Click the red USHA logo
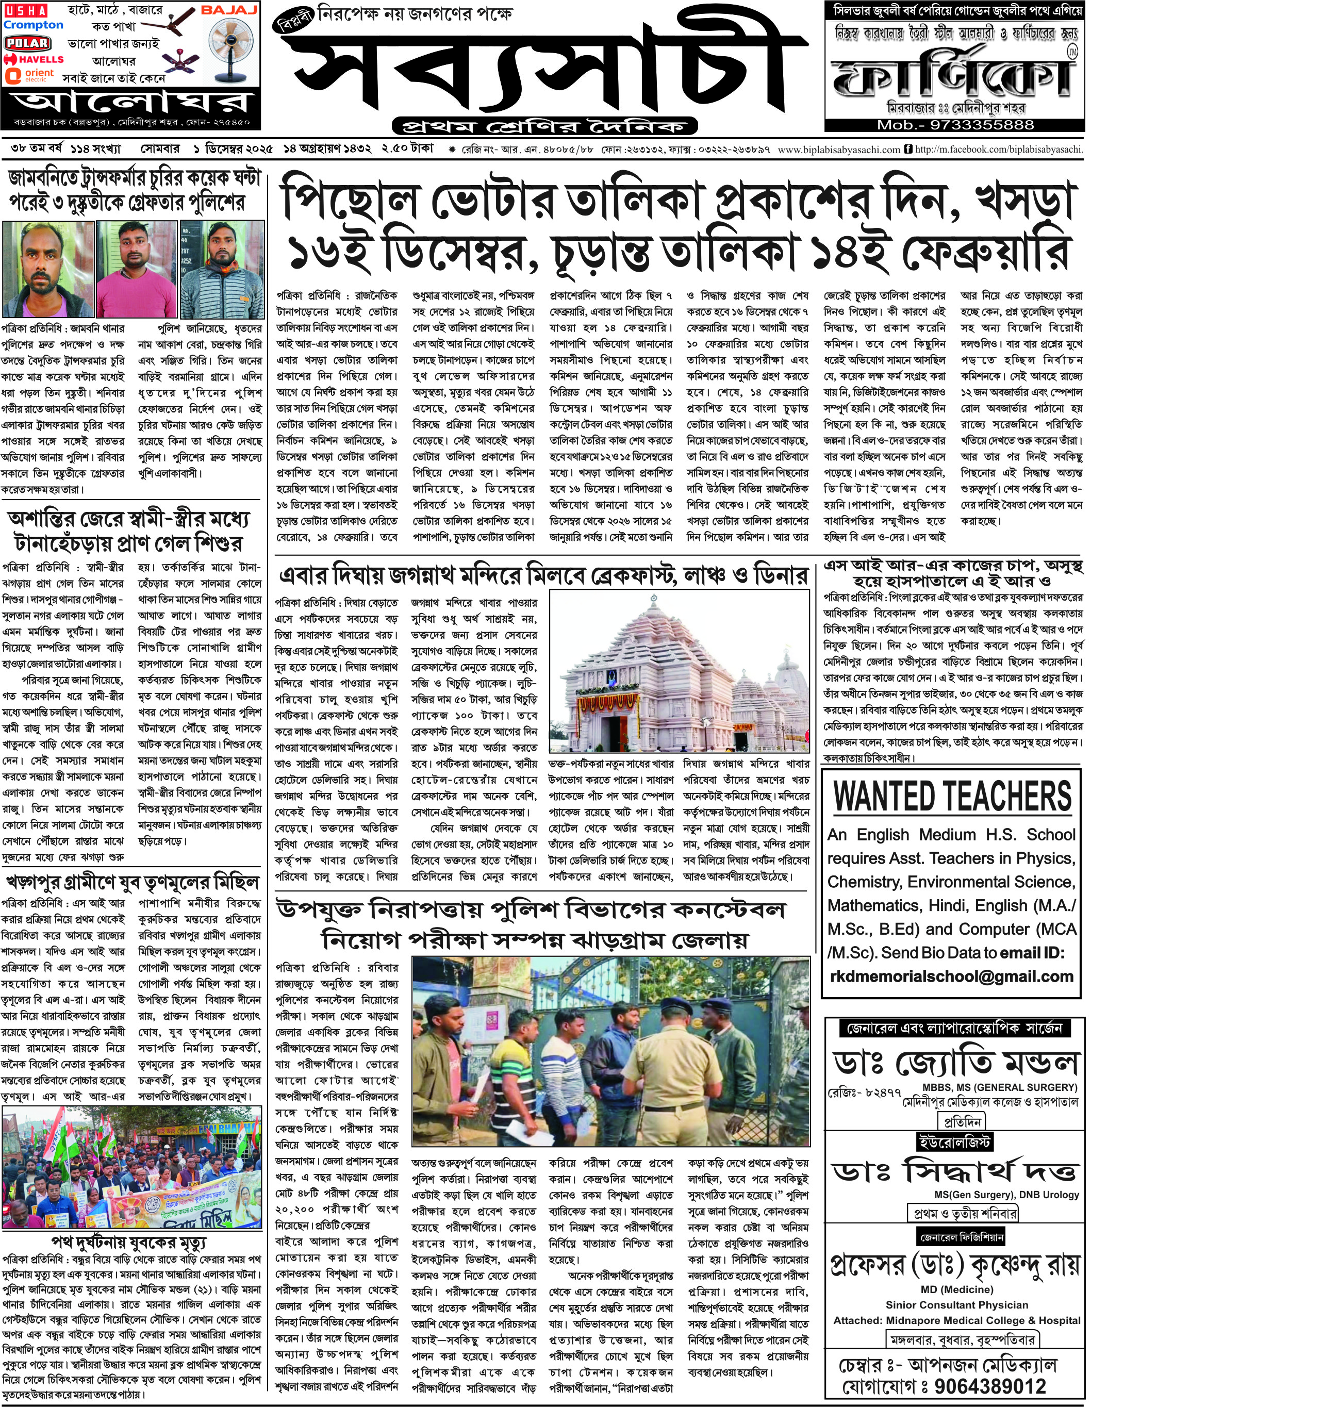(x=26, y=11)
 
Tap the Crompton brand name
(x=34, y=25)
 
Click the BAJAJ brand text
(x=228, y=10)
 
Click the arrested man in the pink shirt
(x=136, y=270)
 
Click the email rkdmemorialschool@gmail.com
(x=951, y=976)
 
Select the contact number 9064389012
(x=990, y=1386)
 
